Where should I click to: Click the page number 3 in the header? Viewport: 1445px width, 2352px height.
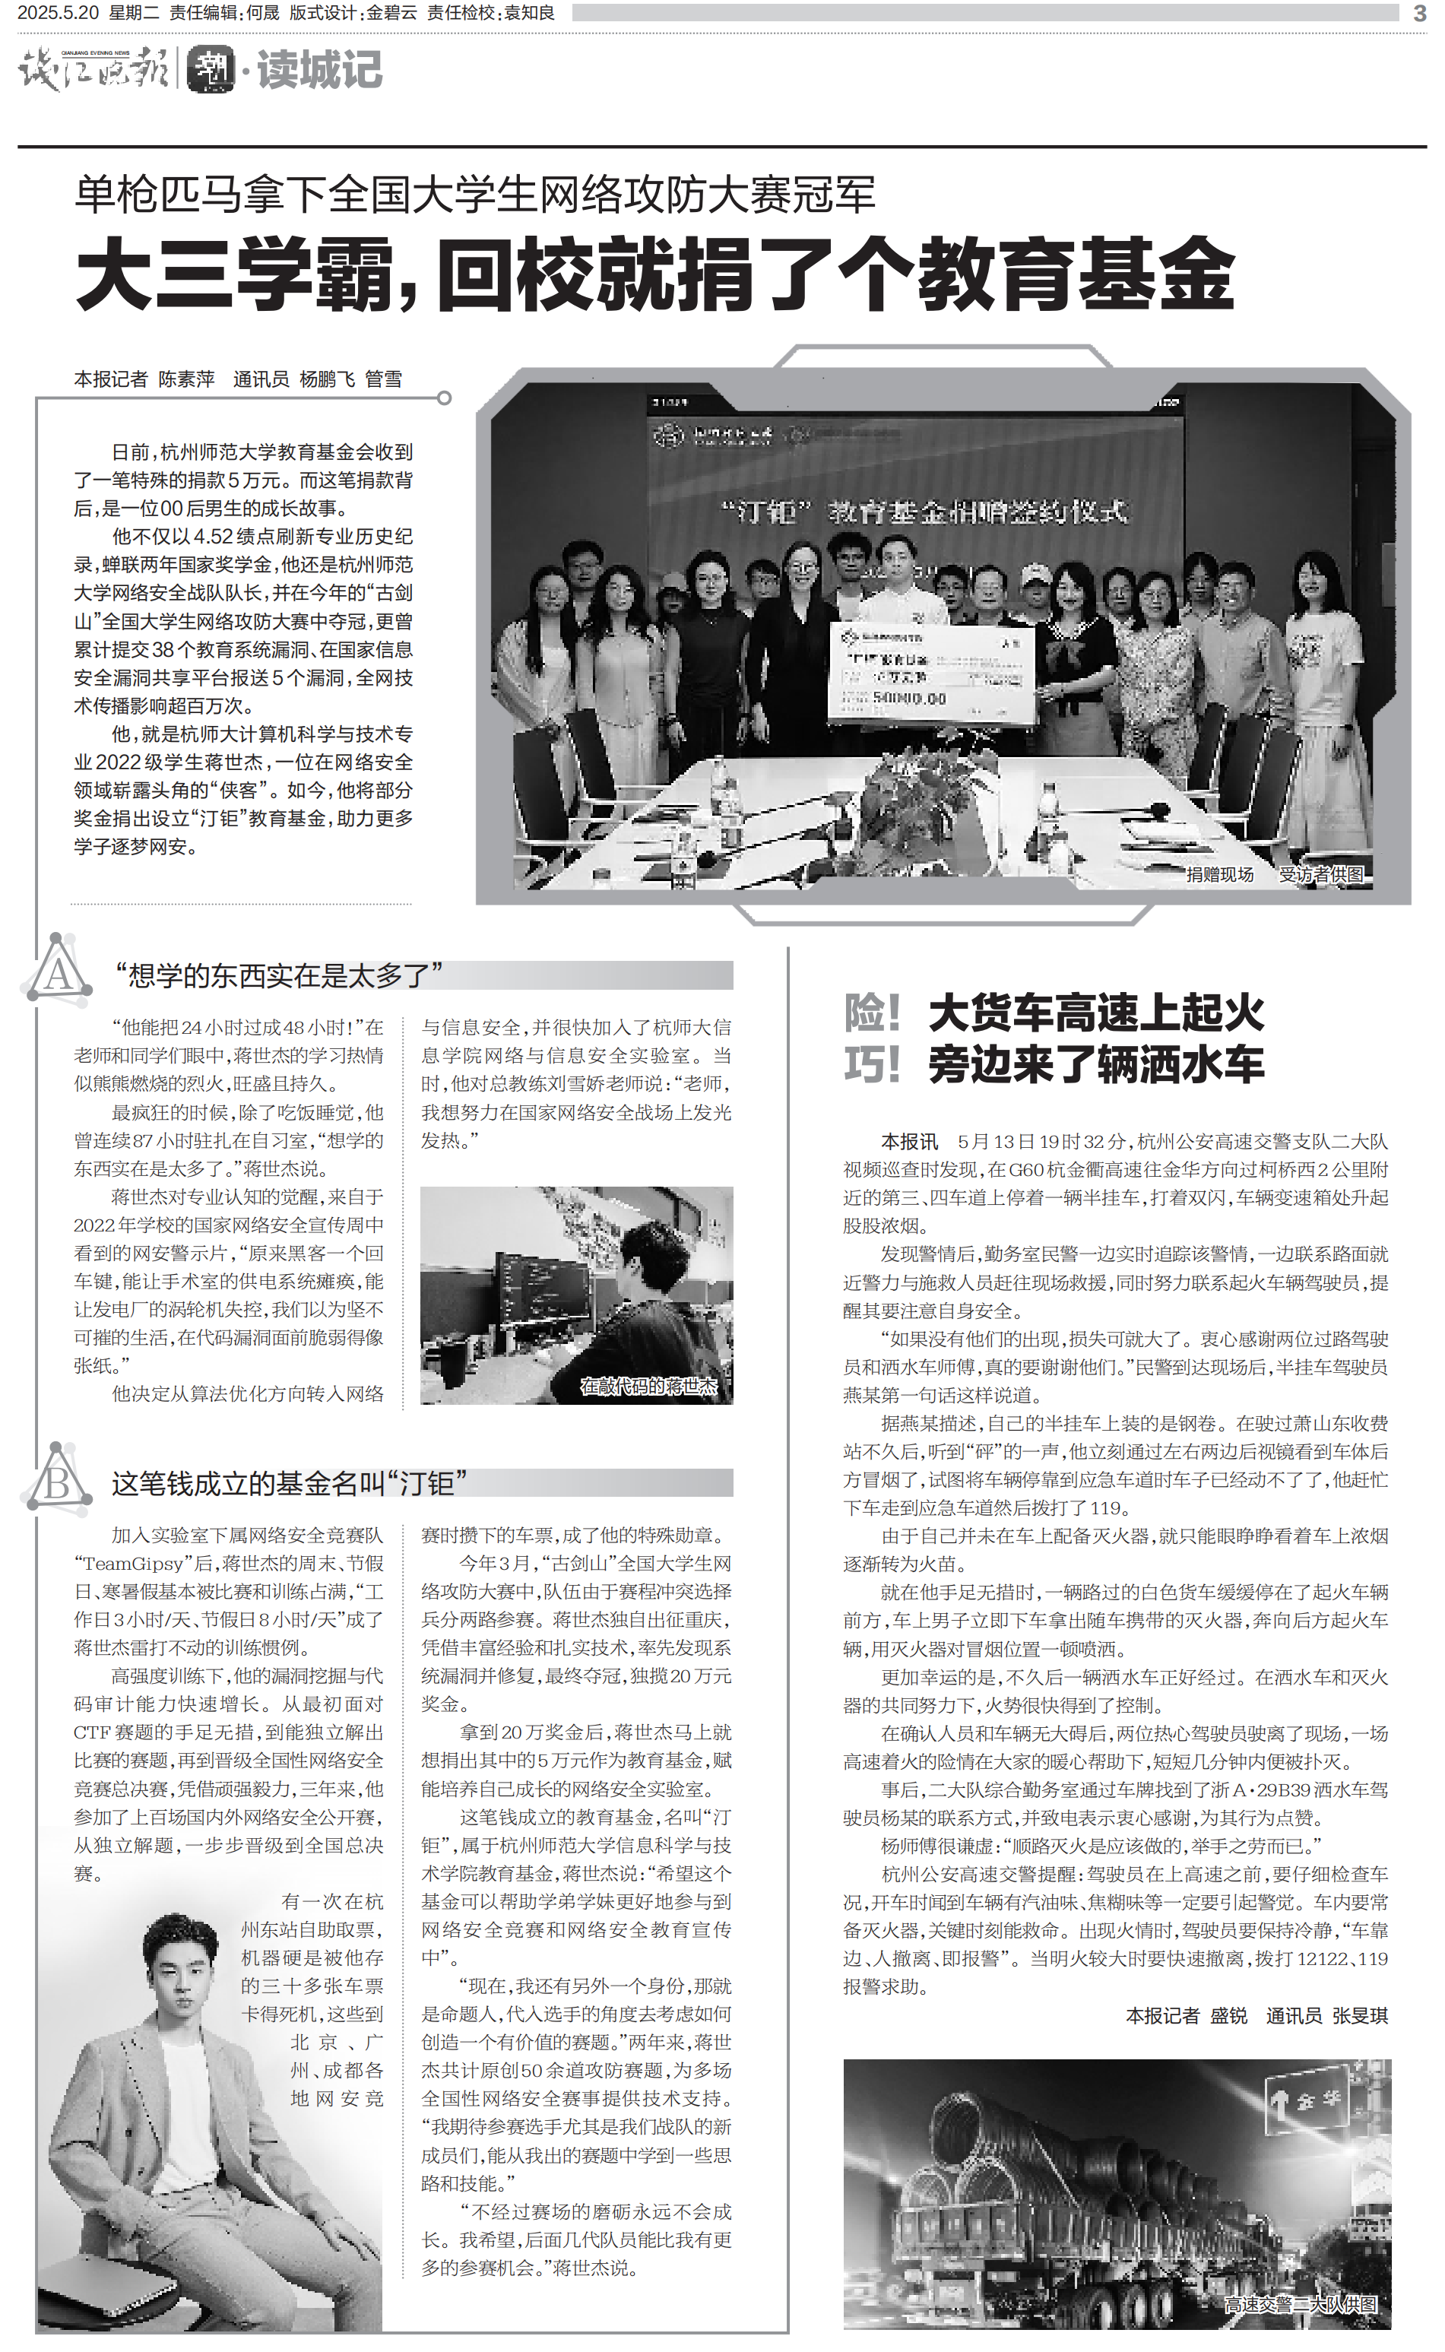coord(1419,14)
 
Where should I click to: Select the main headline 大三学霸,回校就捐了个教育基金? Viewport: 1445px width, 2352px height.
coord(654,275)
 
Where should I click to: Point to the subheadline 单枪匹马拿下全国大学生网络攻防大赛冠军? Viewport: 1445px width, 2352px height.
coord(475,195)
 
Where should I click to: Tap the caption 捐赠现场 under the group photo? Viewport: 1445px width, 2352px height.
coord(1219,874)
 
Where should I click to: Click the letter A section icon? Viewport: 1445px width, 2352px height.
coord(57,972)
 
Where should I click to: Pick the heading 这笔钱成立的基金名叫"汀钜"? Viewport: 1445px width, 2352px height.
coord(289,1483)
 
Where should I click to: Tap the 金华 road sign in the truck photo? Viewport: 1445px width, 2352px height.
coord(1307,2100)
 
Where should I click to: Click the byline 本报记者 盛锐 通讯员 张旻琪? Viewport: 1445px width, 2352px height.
coord(1256,2015)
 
